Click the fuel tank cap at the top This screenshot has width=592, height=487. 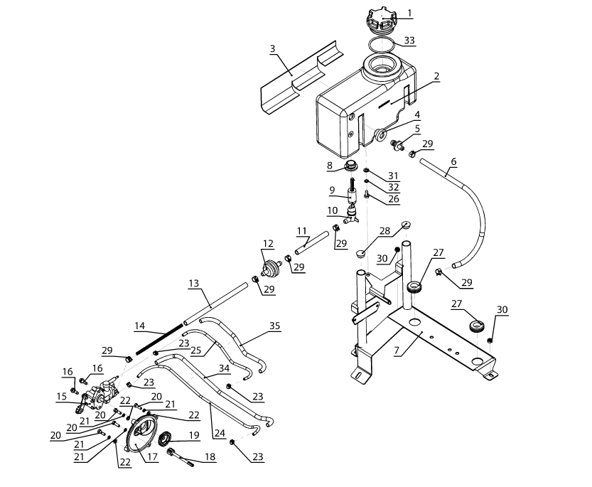pos(382,21)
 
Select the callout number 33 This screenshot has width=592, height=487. pos(409,40)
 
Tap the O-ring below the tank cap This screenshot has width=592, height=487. pos(382,46)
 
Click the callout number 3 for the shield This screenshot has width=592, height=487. pos(273,49)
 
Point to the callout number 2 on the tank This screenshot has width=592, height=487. pos(437,76)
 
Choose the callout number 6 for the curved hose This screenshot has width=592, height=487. pos(453,161)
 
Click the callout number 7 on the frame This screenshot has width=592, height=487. pos(397,350)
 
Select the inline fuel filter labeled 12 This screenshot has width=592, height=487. pos(271,269)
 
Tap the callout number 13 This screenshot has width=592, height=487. pos(194,284)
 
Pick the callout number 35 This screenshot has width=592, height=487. pos(275,326)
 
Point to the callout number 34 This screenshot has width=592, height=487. pos(225,368)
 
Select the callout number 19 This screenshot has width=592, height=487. pos(194,435)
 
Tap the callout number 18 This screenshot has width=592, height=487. pos(210,456)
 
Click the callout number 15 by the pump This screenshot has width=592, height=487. pos(62,396)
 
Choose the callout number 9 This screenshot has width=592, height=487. pos(332,190)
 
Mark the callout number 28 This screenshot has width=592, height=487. pos(384,231)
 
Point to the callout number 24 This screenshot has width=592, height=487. pos(220,433)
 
